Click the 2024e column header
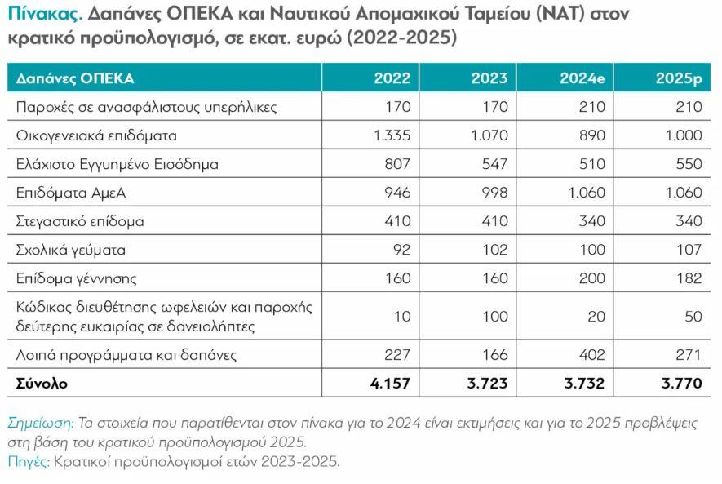[x=582, y=78]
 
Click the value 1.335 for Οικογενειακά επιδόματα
[x=392, y=135]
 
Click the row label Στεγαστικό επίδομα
[x=80, y=221]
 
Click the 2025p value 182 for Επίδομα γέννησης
[x=689, y=278]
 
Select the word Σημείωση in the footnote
[x=39, y=423]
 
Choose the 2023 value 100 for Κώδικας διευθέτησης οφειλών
[x=493, y=316]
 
